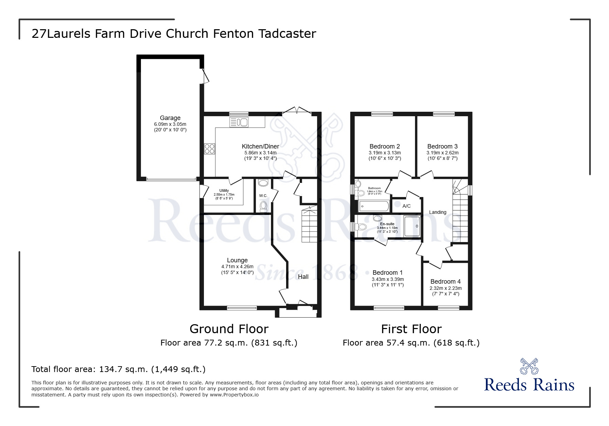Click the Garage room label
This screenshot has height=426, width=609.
(170, 118)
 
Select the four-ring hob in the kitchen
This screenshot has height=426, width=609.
(209, 149)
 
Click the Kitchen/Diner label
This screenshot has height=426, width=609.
(260, 146)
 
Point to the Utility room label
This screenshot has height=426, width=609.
(224, 190)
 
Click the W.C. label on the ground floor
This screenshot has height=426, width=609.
(263, 196)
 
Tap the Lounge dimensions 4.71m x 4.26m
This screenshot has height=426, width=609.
(237, 266)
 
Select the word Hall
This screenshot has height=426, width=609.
(303, 277)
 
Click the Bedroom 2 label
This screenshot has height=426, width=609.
(384, 146)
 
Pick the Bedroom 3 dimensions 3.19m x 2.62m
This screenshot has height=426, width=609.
(442, 153)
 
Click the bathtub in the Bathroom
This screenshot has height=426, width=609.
(373, 206)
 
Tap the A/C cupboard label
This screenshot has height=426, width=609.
(406, 206)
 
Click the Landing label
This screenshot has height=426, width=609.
(437, 212)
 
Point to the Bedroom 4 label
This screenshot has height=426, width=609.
(445, 282)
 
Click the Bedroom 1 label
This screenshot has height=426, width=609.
(388, 273)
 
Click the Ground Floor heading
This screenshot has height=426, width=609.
(229, 329)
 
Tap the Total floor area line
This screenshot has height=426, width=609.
(118, 369)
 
